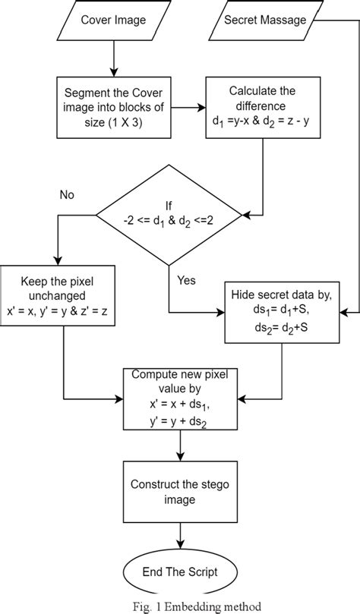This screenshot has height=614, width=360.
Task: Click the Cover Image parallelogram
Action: click(112, 20)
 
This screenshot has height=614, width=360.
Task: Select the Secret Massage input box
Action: click(265, 20)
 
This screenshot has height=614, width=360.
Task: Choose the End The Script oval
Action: click(180, 572)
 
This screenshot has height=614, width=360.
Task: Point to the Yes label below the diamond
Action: click(187, 280)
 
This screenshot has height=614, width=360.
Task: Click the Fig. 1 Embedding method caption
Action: click(180, 606)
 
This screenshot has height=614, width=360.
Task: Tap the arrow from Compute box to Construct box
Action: click(180, 447)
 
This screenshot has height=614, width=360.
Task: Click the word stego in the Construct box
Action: click(216, 484)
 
